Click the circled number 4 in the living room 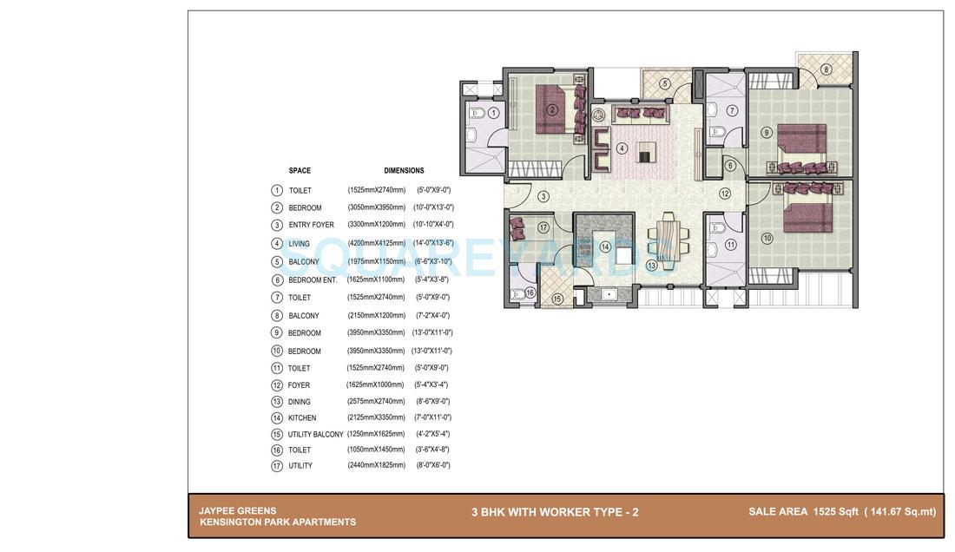point(622,148)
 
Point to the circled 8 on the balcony point(826,69)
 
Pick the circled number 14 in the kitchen point(605,246)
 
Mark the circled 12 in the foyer point(724,194)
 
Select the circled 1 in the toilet point(493,113)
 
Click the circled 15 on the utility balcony point(557,299)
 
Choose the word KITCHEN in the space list point(302,418)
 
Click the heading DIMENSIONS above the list point(404,171)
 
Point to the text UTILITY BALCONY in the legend point(315,434)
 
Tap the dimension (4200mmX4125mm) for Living point(376,244)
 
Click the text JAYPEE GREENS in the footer point(237,511)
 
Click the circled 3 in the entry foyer point(543,197)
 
